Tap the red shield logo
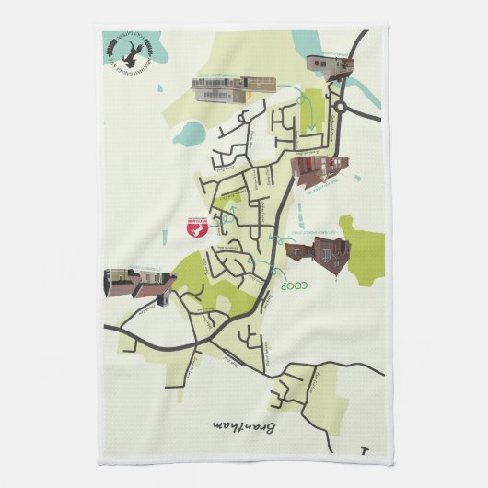pos(193,229)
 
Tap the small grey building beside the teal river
pos(330,64)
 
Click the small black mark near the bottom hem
pos(366,451)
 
